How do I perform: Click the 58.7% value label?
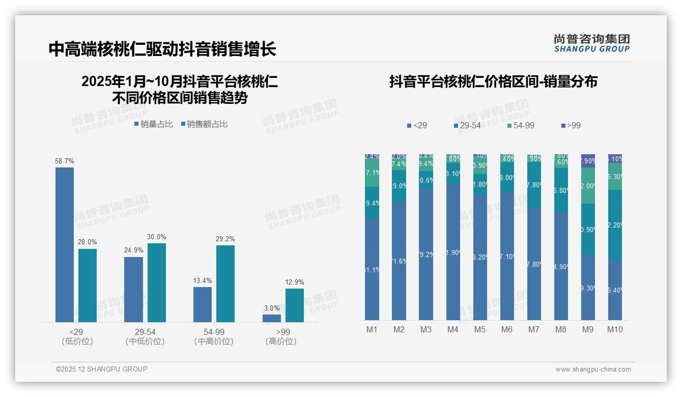coord(65,161)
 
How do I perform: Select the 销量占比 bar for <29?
coord(65,244)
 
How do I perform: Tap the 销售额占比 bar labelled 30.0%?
coord(157,282)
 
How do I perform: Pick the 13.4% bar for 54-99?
coord(203,304)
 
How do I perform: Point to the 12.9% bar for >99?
coord(295,305)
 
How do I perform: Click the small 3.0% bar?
coord(272,318)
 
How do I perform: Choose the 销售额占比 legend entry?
coord(205,124)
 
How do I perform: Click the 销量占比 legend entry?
coord(154,124)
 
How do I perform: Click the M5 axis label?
coord(480,329)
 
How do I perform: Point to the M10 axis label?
coord(615,329)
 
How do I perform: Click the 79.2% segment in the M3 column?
coord(426,254)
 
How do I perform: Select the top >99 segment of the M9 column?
coord(588,160)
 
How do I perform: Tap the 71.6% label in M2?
coord(399,261)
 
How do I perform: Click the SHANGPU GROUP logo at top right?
coord(592,43)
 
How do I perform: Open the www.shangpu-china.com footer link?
coord(593,370)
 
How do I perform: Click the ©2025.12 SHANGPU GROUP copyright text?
coord(102,369)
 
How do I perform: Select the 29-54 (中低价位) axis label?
coord(145,336)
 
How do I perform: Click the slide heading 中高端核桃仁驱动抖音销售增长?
coord(162,49)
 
